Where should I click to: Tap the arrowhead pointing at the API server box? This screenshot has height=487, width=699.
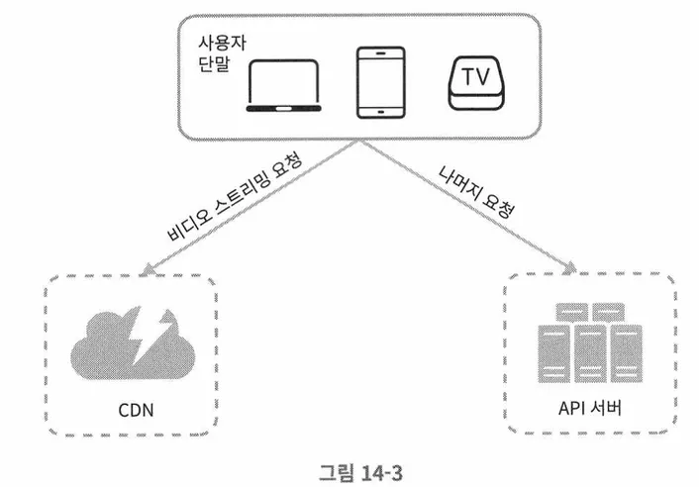571,268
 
